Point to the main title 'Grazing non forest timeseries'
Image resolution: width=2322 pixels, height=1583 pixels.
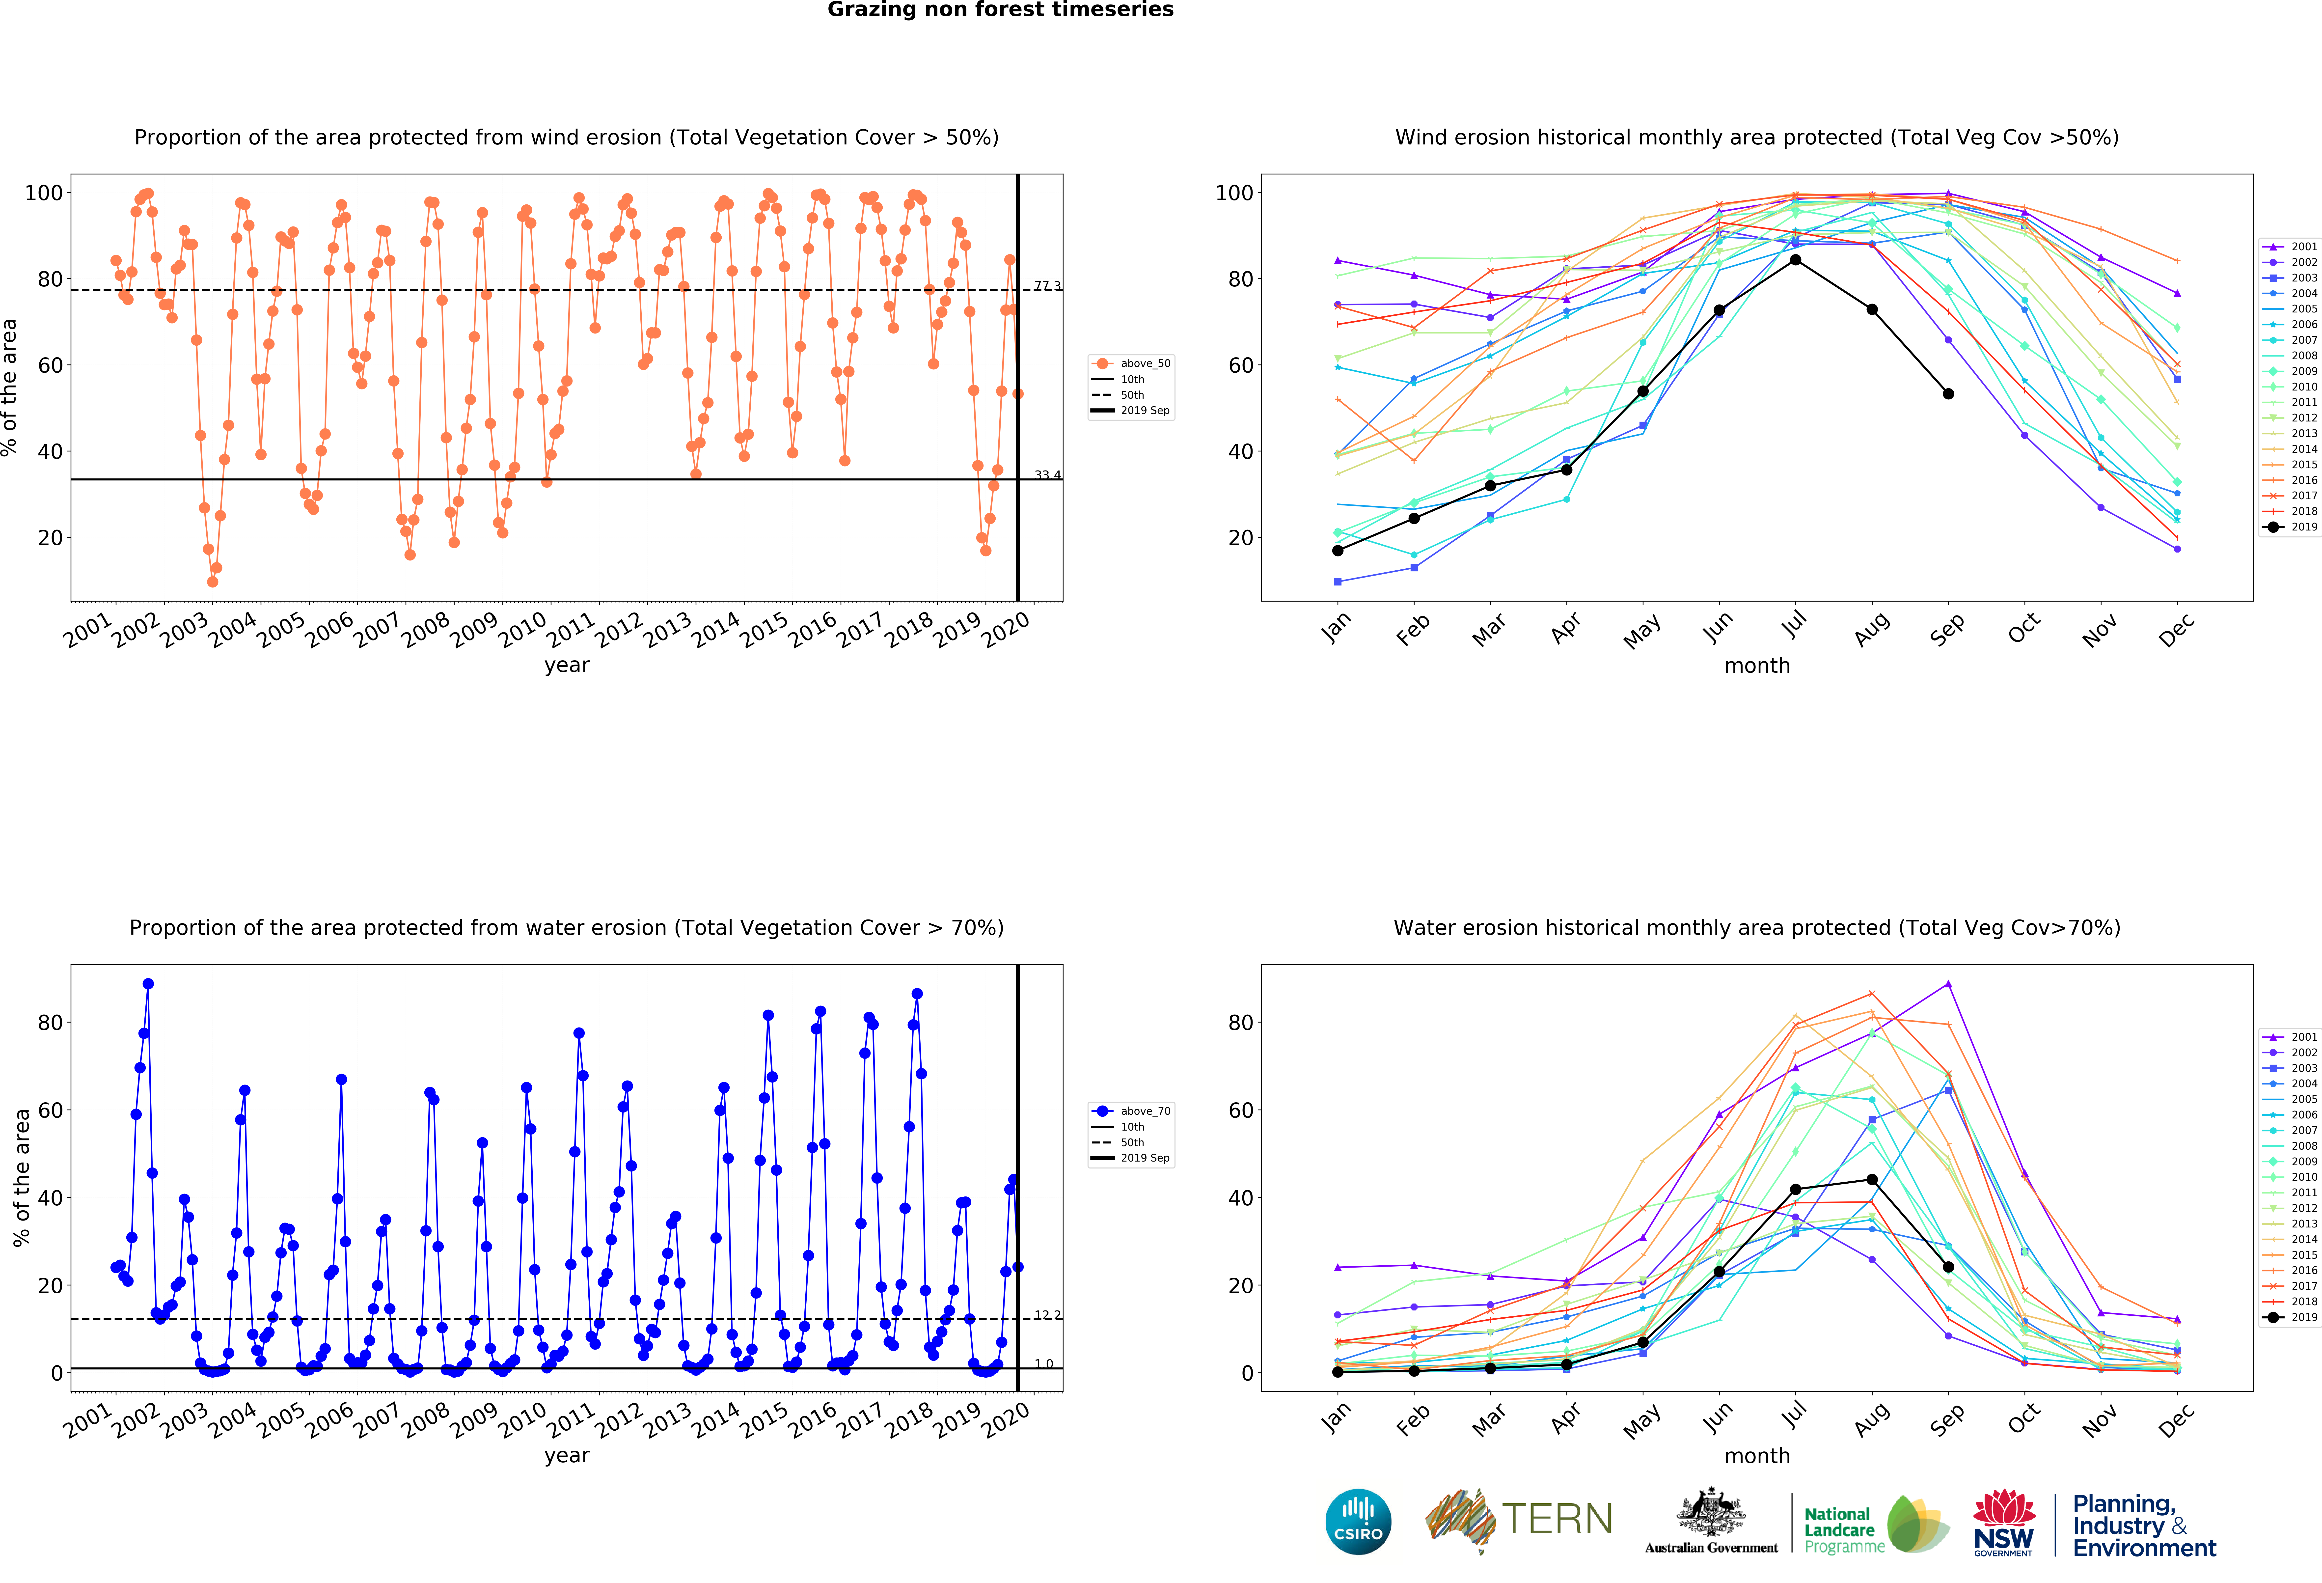(x=1000, y=10)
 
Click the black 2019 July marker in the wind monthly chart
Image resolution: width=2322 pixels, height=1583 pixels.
(x=1796, y=260)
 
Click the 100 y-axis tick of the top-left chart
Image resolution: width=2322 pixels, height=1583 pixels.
(x=44, y=193)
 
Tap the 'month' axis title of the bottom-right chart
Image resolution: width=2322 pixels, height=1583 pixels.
(x=1756, y=1456)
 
